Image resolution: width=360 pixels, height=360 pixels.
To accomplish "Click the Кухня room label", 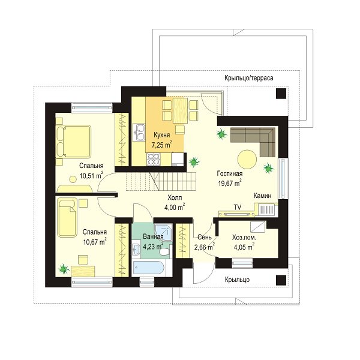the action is pyautogui.click(x=162, y=135).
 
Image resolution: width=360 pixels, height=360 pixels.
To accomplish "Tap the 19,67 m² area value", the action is pyautogui.click(x=229, y=183).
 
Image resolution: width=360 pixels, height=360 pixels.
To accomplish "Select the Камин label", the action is pyautogui.click(x=262, y=196).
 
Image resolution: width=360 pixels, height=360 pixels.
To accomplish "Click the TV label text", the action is pyautogui.click(x=238, y=208).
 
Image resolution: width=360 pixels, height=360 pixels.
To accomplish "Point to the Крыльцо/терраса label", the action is pyautogui.click(x=249, y=78).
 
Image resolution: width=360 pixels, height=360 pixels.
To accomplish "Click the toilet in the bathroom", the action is pyautogui.click(x=164, y=252).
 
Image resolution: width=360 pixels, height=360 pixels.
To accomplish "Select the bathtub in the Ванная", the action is pyautogui.click(x=149, y=268).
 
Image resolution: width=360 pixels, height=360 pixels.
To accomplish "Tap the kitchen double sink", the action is pyautogui.click(x=139, y=133).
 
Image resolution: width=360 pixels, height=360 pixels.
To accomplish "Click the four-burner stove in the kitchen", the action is pyautogui.click(x=154, y=159).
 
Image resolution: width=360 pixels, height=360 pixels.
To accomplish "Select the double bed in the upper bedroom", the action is pyautogui.click(x=73, y=142).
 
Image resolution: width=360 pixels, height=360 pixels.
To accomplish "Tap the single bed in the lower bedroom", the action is pyautogui.click(x=67, y=218).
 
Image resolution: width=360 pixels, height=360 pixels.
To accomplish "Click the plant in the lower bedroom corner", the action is pyautogui.click(x=64, y=269).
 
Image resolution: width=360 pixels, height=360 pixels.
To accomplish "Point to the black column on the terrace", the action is pyautogui.click(x=281, y=94).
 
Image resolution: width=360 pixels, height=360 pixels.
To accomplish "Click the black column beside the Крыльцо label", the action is pyautogui.click(x=281, y=280).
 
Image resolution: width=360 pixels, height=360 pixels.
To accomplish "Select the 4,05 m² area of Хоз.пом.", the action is pyautogui.click(x=244, y=247).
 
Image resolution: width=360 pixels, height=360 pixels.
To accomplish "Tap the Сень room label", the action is pyautogui.click(x=205, y=237).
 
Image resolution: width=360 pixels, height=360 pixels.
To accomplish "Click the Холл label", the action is pyautogui.click(x=175, y=197).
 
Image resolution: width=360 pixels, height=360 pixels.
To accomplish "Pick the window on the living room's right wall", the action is pyautogui.click(x=283, y=178).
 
